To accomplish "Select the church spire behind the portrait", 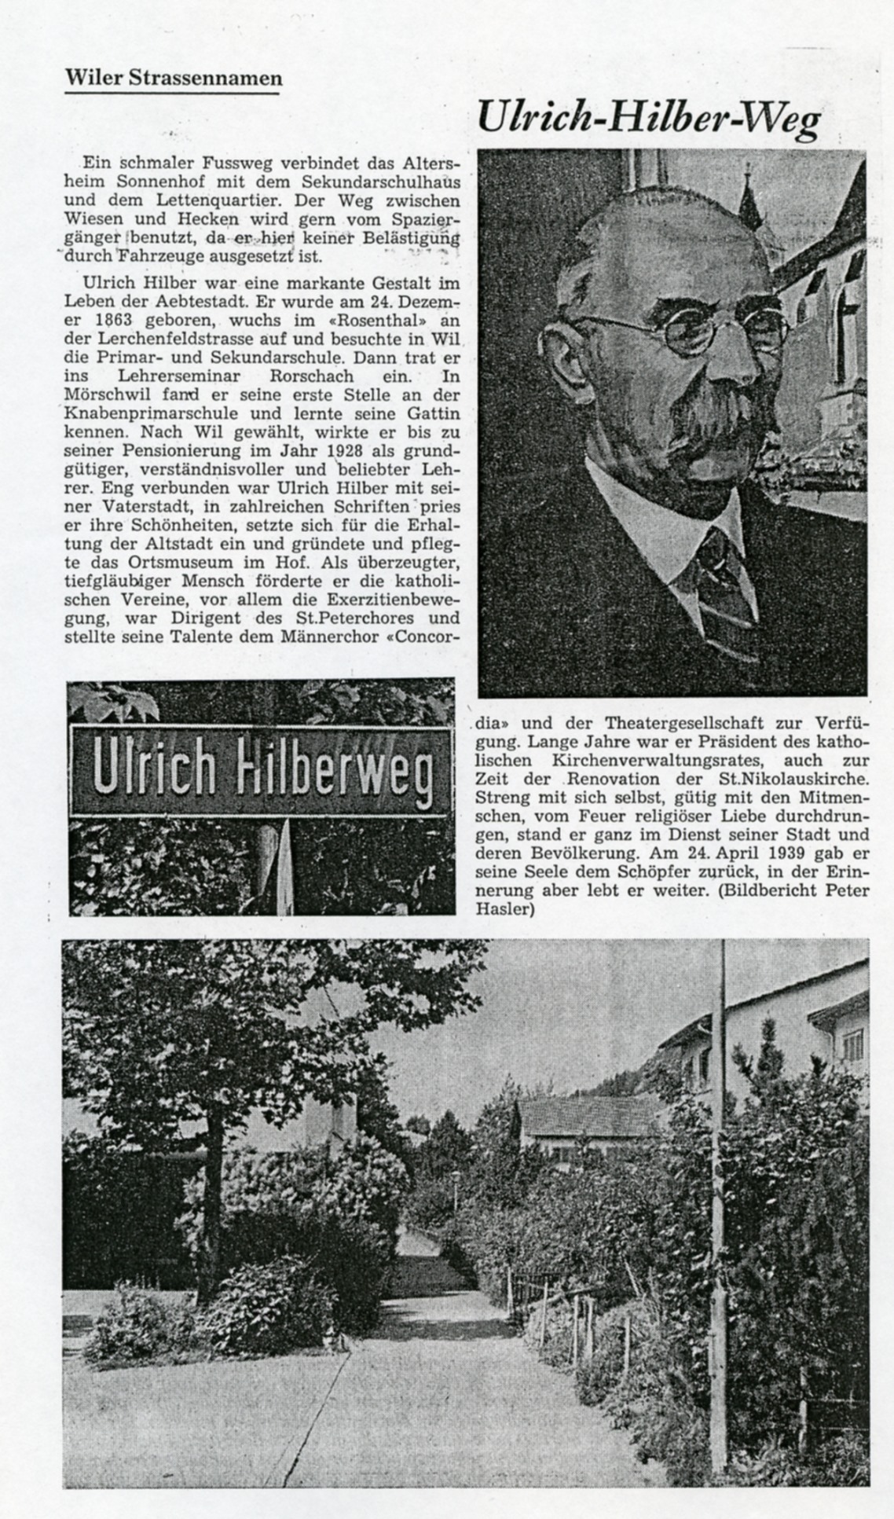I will pyautogui.click(x=751, y=196).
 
